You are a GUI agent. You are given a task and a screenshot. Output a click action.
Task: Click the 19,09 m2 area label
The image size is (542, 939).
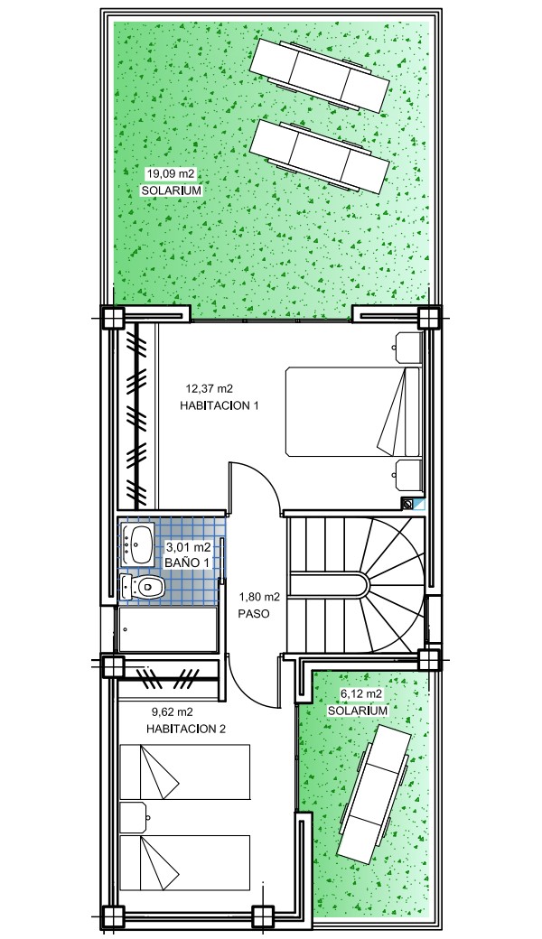tap(172, 174)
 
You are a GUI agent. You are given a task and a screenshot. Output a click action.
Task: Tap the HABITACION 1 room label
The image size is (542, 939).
tap(220, 406)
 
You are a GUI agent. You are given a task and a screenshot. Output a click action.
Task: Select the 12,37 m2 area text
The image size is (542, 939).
tap(209, 388)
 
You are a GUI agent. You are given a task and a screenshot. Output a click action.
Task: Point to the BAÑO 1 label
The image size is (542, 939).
tap(188, 562)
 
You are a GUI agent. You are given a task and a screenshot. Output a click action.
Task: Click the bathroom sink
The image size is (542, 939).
tap(138, 544)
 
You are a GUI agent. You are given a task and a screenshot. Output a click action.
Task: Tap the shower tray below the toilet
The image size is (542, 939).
tap(168, 629)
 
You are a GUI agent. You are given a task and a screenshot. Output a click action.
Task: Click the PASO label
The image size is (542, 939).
tap(253, 614)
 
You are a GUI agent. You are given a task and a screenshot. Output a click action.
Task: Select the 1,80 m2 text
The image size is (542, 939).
tap(259, 597)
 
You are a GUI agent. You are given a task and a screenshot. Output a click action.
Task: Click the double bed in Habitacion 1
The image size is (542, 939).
tap(353, 412)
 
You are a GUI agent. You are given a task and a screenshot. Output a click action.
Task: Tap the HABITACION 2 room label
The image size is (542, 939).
tap(185, 730)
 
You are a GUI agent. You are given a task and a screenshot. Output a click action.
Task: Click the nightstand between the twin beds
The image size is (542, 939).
tap(135, 818)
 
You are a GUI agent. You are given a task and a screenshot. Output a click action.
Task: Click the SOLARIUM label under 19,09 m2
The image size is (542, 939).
tap(172, 191)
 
